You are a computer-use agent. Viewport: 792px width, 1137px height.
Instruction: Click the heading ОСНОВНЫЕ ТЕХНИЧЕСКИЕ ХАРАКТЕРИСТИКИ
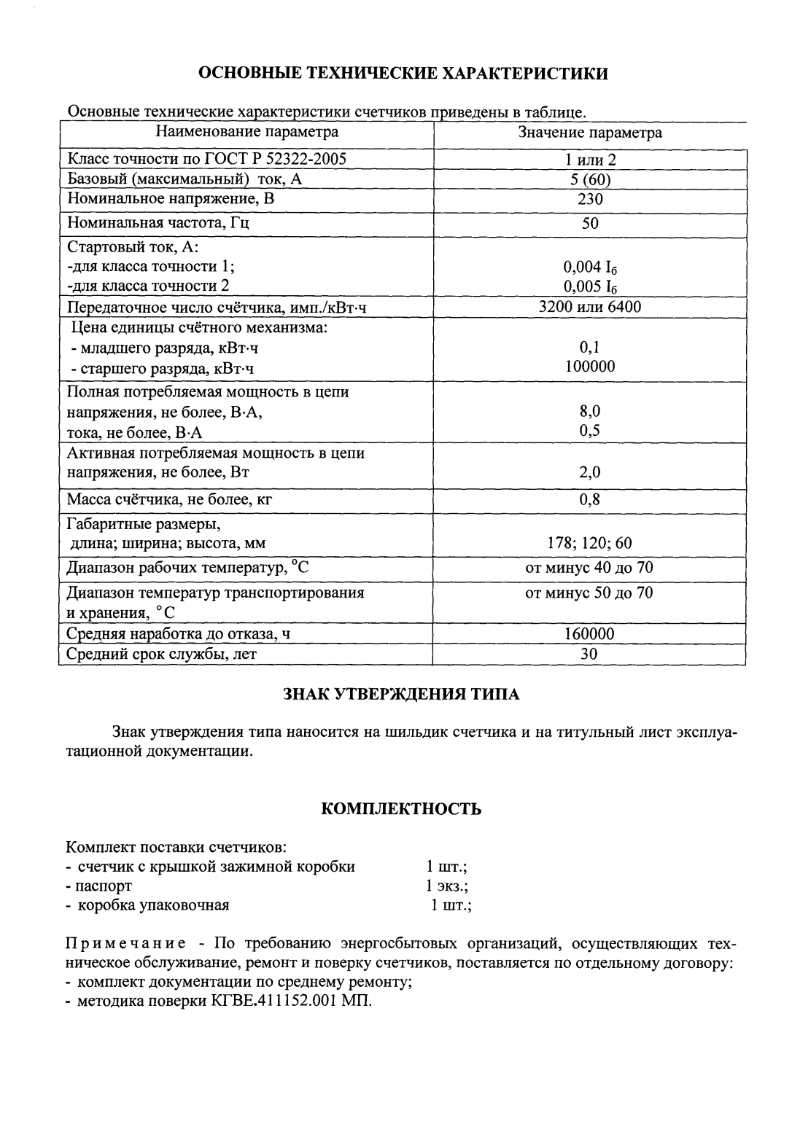pos(403,73)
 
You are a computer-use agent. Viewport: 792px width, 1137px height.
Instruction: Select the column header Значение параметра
pos(589,133)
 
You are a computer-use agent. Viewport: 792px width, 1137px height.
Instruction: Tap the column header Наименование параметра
pos(246,132)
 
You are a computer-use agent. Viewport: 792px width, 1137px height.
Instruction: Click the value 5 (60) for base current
pos(590,180)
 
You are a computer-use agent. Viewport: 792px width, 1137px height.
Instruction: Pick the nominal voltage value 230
pos(590,199)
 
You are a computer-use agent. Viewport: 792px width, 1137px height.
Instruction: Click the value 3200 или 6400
pos(590,307)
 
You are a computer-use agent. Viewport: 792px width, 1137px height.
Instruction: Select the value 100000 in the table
pos(590,367)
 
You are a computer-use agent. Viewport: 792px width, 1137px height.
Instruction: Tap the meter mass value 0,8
pos(590,500)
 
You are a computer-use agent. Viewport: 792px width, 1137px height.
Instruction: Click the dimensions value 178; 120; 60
pos(590,544)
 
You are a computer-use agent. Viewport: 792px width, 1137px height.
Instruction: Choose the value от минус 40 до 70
pos(590,568)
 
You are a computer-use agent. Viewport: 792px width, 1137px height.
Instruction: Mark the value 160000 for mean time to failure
pos(590,634)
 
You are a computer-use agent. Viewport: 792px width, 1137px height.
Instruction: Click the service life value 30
pos(590,654)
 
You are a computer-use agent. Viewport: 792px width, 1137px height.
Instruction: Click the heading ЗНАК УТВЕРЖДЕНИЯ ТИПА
pos(401,694)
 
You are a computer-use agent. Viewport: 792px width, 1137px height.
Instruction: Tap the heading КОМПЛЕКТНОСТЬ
pos(401,809)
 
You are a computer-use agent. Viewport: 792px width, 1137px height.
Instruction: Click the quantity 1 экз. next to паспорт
pos(447,886)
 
